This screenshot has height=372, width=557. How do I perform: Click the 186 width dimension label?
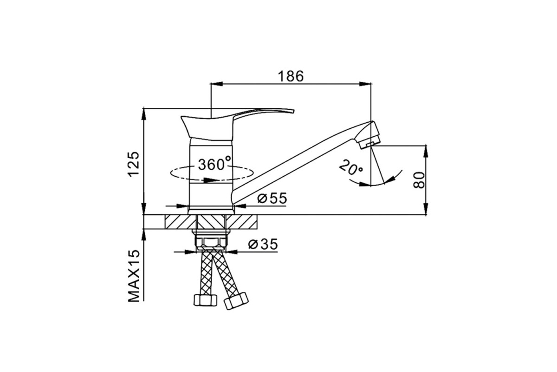click(291, 76)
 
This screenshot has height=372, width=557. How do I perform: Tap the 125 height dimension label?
click(134, 164)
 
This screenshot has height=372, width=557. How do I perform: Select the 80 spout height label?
click(419, 180)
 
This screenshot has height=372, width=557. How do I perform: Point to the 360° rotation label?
click(214, 164)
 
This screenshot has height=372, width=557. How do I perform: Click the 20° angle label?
click(350, 167)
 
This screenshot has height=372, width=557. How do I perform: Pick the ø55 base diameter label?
click(272, 199)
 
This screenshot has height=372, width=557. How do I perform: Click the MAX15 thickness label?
click(134, 276)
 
